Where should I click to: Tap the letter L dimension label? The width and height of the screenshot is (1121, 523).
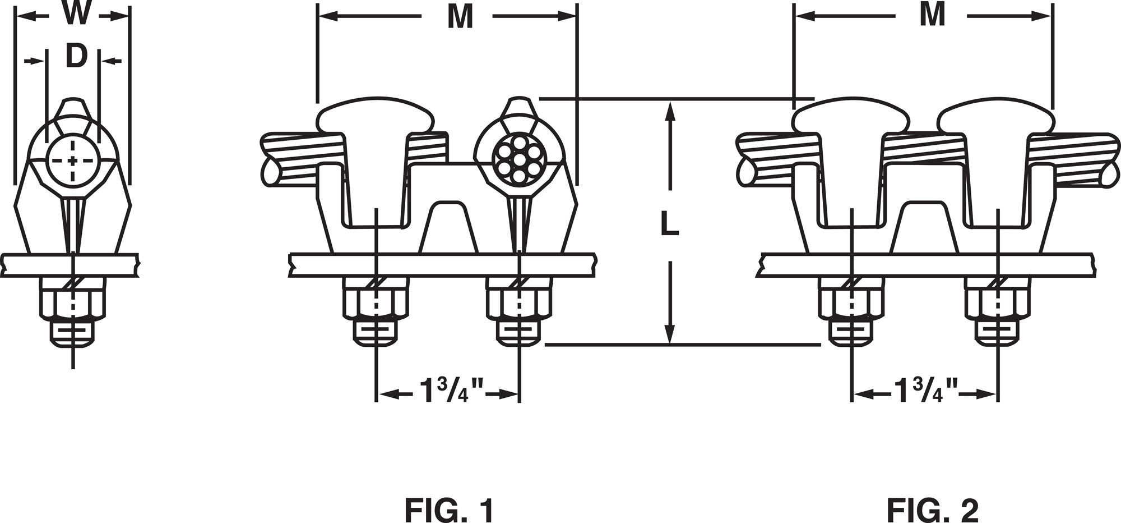pyautogui.click(x=669, y=224)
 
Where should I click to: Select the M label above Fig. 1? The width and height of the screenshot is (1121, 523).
pyautogui.click(x=460, y=17)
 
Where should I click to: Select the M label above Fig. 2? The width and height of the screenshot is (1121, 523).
pyautogui.click(x=933, y=15)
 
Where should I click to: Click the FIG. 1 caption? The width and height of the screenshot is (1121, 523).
pyautogui.click(x=450, y=511)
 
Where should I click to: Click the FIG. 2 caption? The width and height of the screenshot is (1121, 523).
pyautogui.click(x=933, y=511)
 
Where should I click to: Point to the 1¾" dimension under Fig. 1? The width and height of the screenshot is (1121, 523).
pyautogui.click(x=452, y=390)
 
